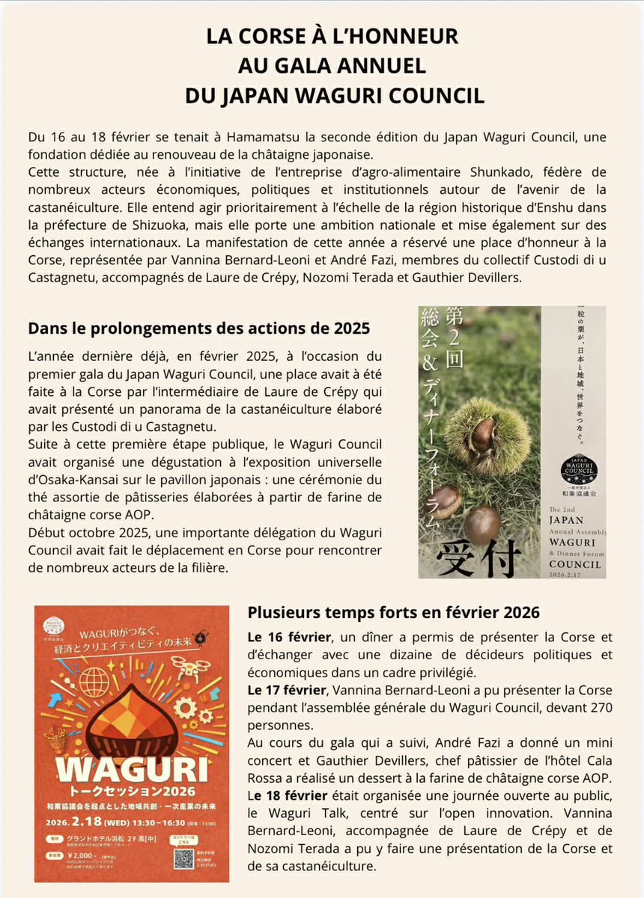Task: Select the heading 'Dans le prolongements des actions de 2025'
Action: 199,328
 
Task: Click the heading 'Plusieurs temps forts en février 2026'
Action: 393,612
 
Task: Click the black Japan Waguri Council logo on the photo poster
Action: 578,470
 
